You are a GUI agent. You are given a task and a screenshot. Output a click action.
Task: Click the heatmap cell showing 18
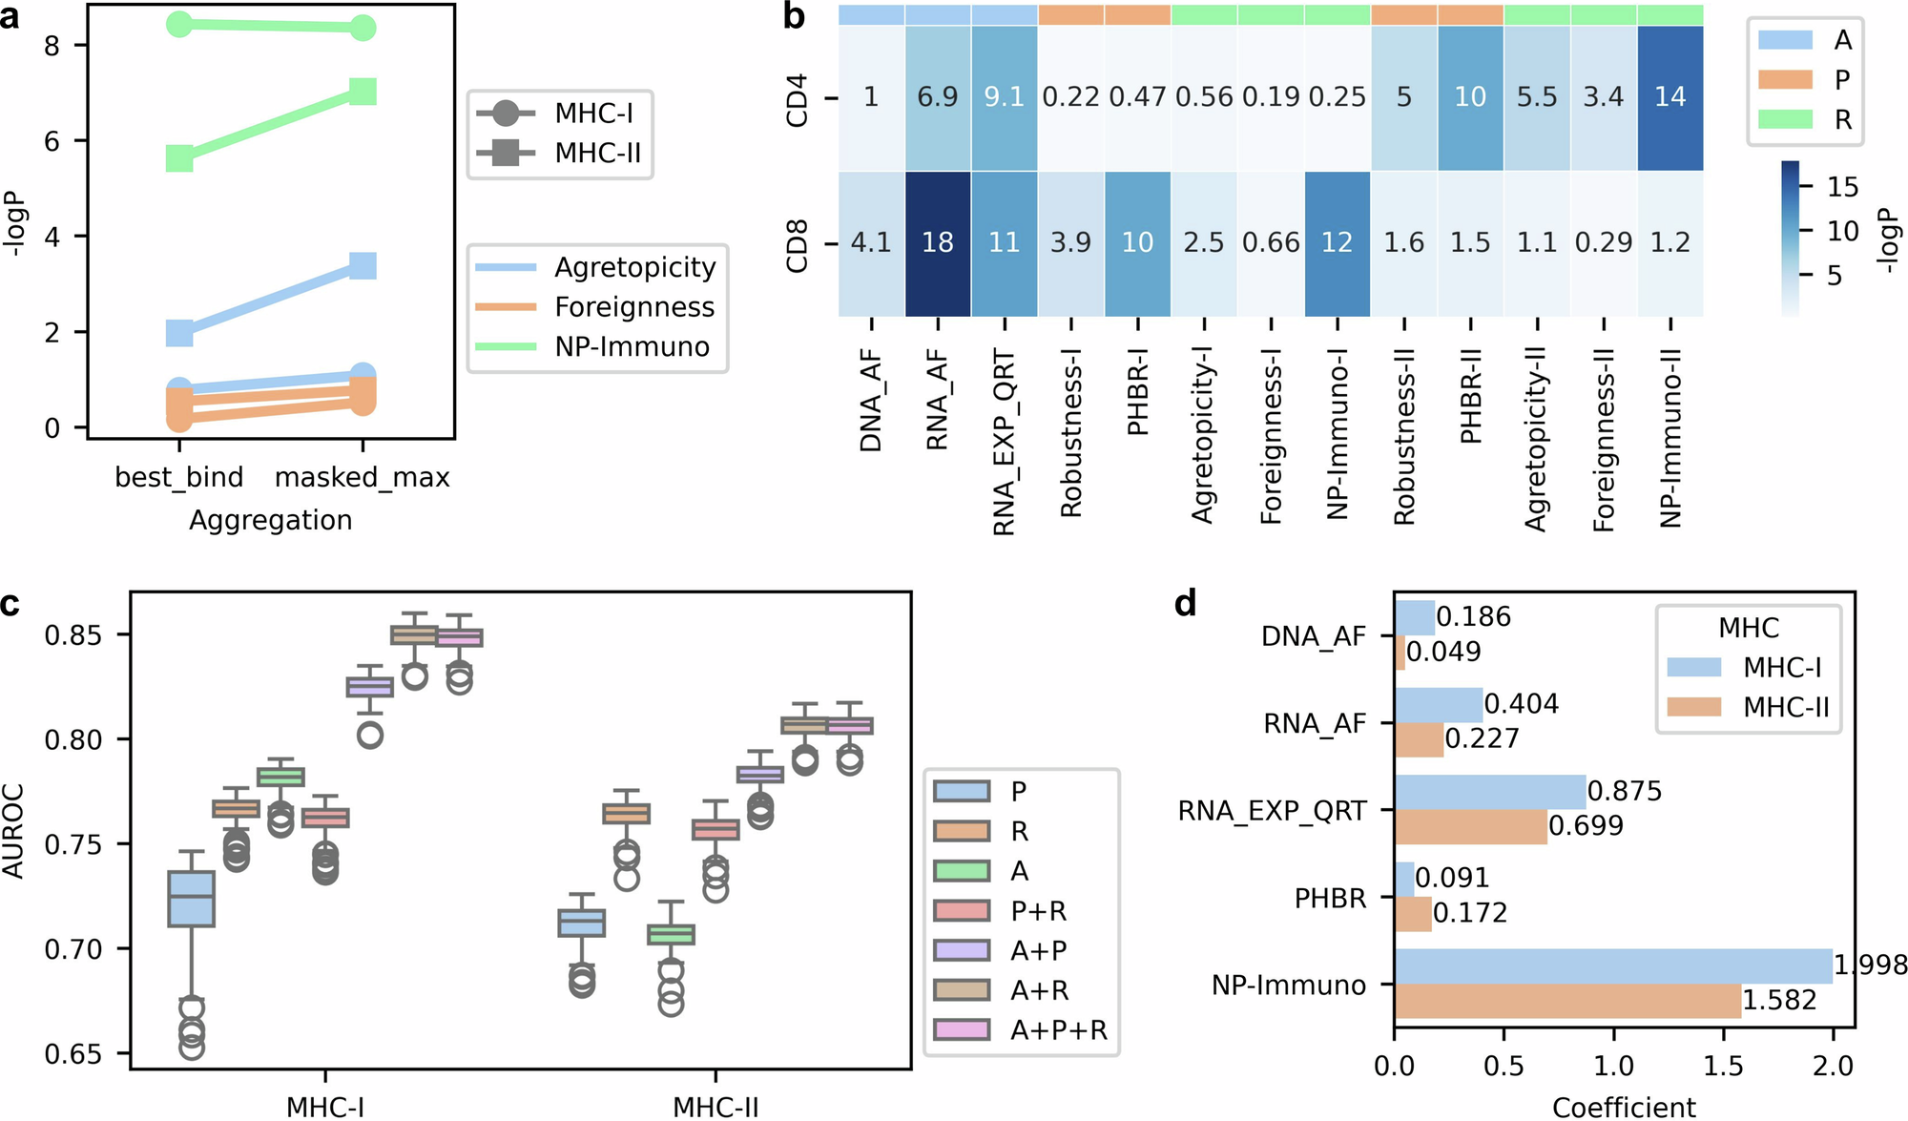[937, 243]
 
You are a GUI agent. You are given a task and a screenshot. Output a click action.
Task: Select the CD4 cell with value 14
[1669, 97]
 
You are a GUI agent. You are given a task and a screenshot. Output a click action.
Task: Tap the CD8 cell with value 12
[1337, 243]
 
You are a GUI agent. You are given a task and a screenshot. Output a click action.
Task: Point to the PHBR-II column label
[1471, 397]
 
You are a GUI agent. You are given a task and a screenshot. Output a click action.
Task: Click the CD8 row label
[798, 245]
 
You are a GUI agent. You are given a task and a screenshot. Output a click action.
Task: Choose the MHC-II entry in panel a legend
[597, 153]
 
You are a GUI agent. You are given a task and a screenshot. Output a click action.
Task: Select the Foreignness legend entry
[633, 307]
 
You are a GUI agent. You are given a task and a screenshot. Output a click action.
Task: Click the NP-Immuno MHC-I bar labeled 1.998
[1612, 965]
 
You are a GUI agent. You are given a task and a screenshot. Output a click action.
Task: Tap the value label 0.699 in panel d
[1586, 826]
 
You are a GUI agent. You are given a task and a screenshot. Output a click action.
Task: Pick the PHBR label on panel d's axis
[1330, 899]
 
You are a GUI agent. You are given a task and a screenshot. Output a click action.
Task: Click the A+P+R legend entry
[1059, 1030]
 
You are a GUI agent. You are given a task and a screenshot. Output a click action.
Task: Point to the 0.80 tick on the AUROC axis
[73, 740]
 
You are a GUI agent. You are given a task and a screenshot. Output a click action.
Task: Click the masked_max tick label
[362, 477]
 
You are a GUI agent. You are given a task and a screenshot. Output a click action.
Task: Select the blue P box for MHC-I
[192, 899]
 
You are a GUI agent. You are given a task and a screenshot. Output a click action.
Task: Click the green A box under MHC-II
[672, 934]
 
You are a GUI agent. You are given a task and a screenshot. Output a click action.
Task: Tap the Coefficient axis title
[1624, 1107]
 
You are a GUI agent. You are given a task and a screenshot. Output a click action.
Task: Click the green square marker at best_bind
[179, 158]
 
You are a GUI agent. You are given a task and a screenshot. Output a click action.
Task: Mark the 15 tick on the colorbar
[1841, 187]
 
